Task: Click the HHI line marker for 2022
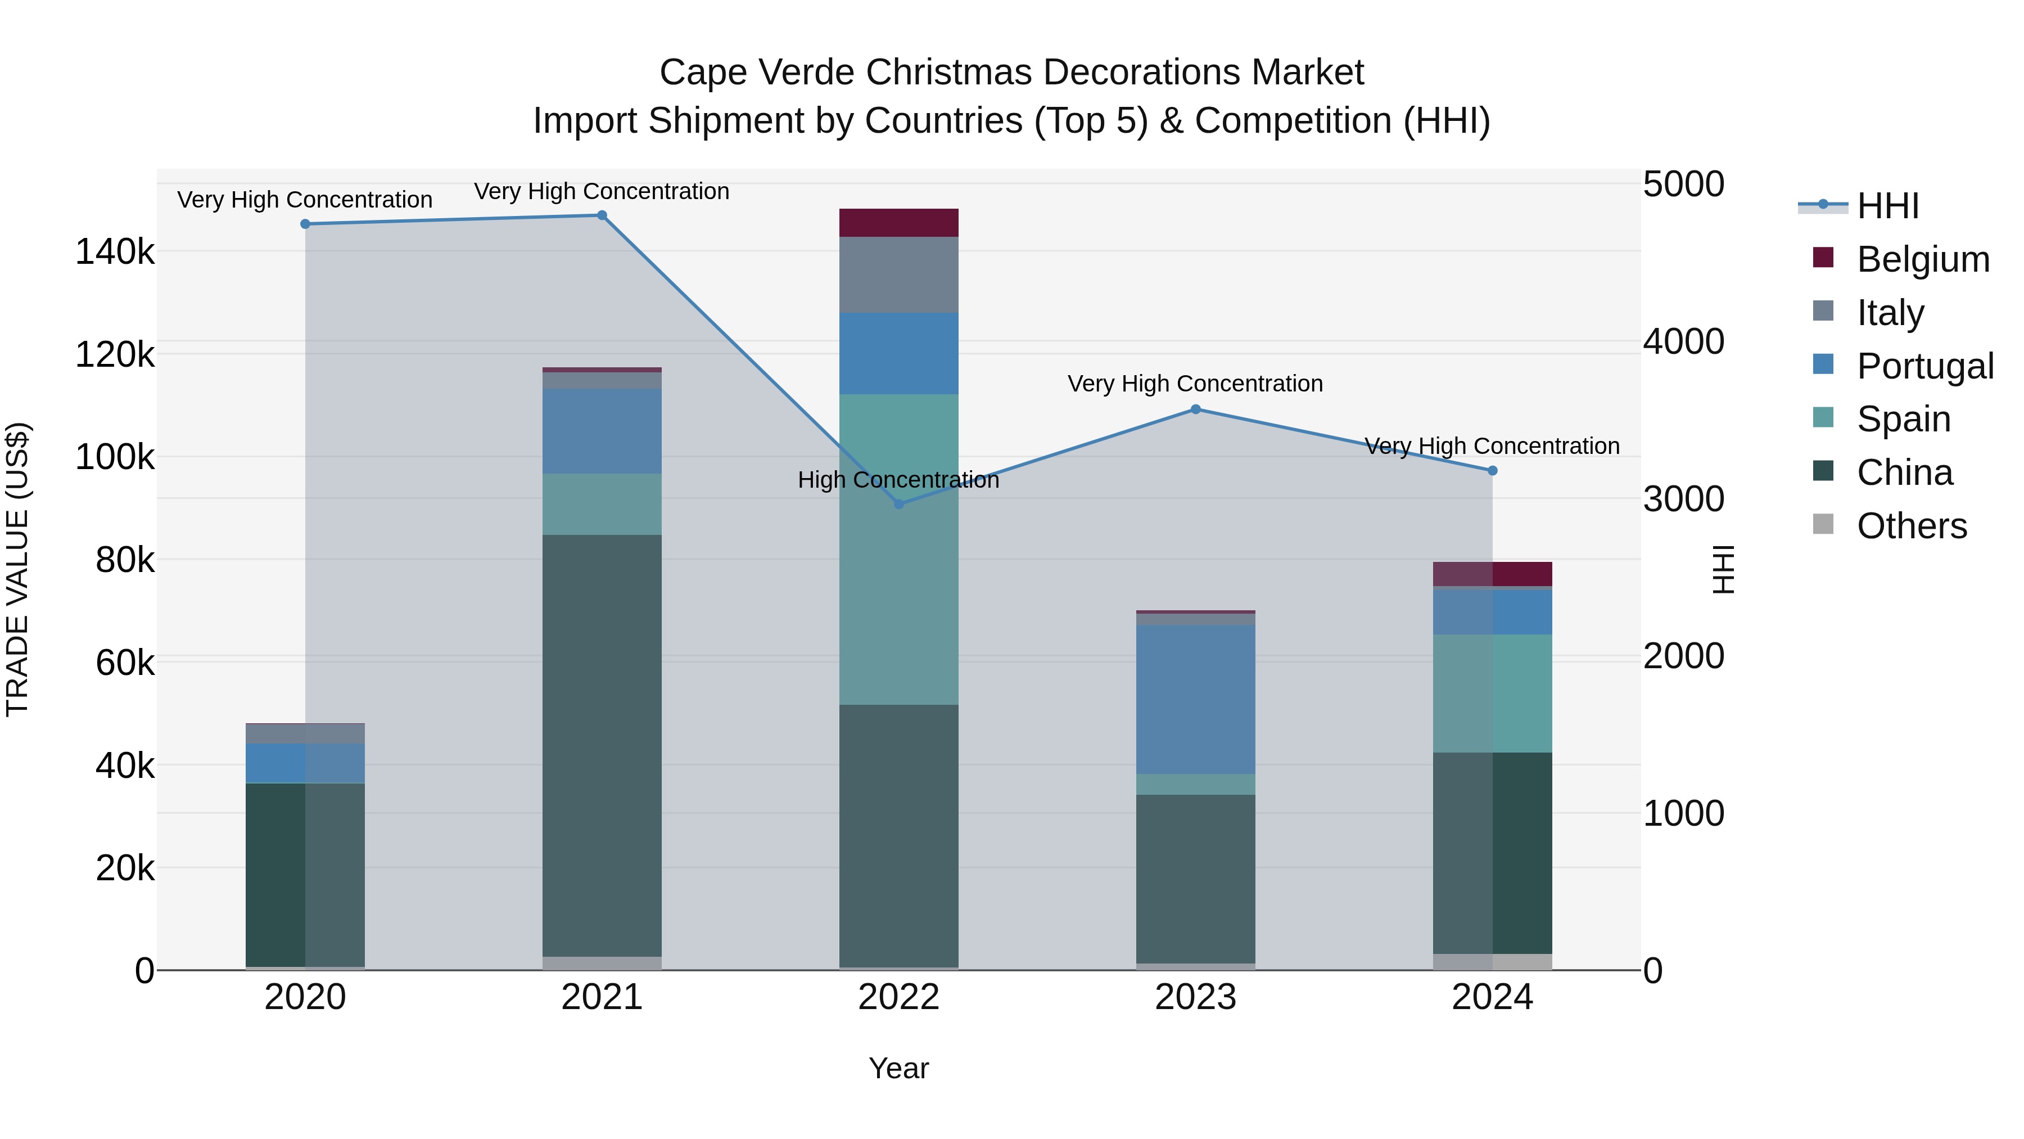(x=899, y=504)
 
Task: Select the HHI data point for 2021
(x=602, y=215)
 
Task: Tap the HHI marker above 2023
(x=1195, y=409)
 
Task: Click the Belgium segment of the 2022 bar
(x=899, y=222)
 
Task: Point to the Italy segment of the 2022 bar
(x=899, y=274)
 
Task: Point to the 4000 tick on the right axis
(x=1683, y=341)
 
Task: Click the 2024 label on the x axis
(x=1491, y=997)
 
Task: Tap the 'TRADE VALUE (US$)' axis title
(x=17, y=569)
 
